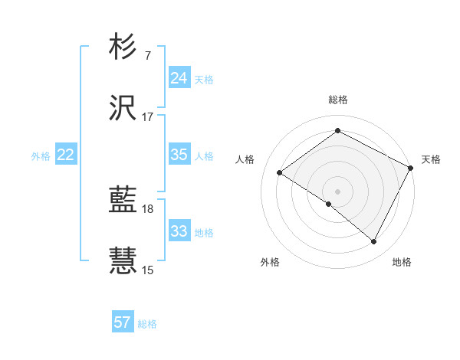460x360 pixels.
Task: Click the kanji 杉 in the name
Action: click(124, 47)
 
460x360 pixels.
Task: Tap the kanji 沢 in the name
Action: click(124, 109)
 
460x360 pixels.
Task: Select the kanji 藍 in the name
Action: click(124, 201)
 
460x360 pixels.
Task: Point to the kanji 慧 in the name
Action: click(124, 260)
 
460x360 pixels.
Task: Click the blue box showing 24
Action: click(179, 78)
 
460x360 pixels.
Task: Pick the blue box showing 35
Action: click(179, 155)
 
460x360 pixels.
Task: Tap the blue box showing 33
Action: click(179, 231)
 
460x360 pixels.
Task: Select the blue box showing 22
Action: click(66, 155)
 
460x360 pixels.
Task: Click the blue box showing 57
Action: click(123, 322)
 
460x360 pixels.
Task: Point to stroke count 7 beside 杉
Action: click(148, 56)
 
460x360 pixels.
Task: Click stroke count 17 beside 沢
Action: click(148, 117)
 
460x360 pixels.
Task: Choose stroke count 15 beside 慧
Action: click(148, 270)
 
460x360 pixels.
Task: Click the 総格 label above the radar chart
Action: click(338, 100)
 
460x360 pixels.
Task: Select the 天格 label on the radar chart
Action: click(431, 159)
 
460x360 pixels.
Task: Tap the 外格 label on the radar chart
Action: click(270, 262)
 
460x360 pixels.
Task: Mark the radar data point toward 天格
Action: click(411, 169)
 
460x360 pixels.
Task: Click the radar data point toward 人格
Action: click(280, 173)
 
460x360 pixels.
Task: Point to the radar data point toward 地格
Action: click(374, 242)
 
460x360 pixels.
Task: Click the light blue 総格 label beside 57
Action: click(147, 324)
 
